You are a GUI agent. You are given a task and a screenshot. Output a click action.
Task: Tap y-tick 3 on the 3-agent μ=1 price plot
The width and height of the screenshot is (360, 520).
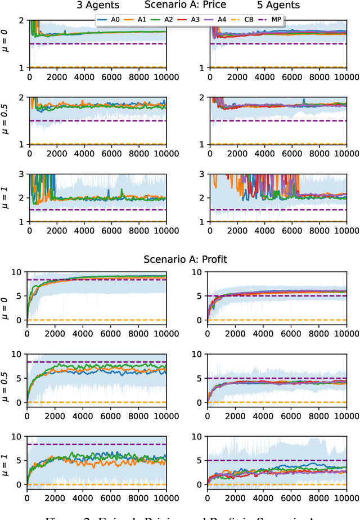point(20,174)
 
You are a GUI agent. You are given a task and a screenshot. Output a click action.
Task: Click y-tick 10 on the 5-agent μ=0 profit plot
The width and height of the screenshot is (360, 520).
point(198,272)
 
